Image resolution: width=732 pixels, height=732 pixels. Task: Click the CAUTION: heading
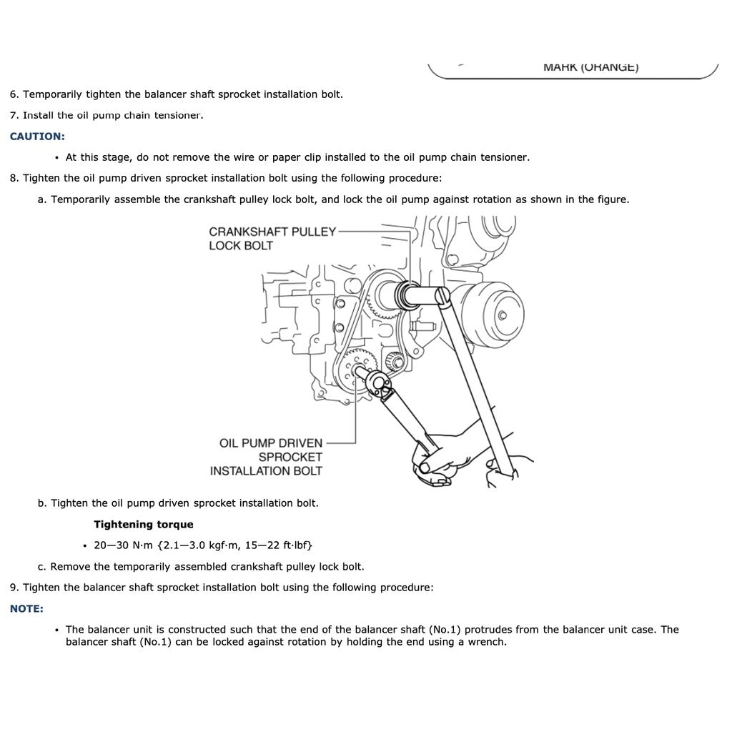point(37,136)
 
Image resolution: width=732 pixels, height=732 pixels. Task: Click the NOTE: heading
point(26,608)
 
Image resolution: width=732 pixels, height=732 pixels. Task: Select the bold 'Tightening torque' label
point(143,524)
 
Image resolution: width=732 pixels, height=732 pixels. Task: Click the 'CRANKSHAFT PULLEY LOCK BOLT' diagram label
point(272,239)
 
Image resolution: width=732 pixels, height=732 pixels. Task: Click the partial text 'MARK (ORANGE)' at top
point(590,67)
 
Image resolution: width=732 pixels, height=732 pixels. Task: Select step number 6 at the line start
point(14,94)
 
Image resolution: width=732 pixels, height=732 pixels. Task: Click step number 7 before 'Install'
point(14,115)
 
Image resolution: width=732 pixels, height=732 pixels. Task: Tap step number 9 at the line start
point(14,588)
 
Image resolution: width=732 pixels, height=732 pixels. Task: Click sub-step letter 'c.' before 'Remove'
point(42,566)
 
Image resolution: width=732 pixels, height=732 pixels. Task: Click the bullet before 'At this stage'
point(56,157)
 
